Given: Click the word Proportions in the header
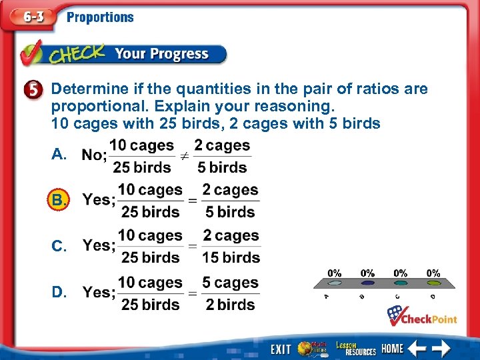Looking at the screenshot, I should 100,17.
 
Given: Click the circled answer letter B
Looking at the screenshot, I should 59,200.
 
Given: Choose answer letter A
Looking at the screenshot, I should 59,155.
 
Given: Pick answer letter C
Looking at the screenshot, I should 59,246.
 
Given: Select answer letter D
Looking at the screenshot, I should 59,293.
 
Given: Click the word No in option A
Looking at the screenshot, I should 93,155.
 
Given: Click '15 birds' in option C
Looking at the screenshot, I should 231,257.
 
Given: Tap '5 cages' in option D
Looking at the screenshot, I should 231,283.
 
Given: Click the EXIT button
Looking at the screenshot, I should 281,349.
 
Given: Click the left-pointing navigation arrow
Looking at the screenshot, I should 418,348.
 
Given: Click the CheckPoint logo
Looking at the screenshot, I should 423,317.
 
